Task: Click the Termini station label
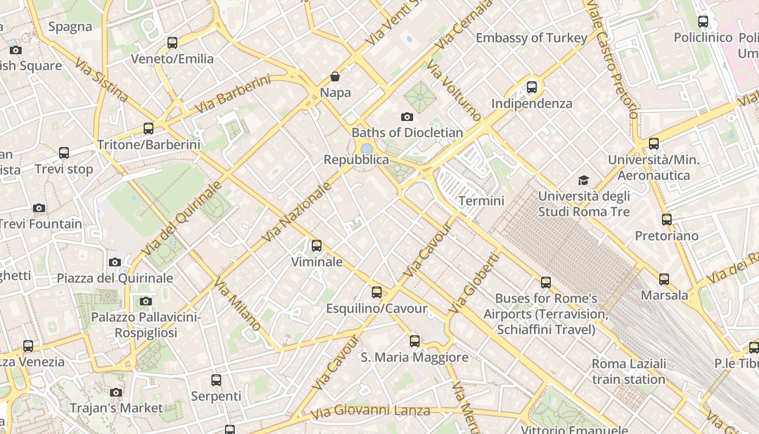[481, 201]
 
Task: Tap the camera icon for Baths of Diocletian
[407, 117]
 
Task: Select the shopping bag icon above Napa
[335, 77]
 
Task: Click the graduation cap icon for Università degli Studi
[583, 180]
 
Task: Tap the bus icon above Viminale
[317, 246]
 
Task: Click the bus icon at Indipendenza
[532, 87]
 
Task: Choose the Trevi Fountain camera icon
[38, 208]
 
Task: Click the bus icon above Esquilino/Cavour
[377, 292]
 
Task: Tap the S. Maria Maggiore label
[415, 358]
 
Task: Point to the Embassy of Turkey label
[531, 38]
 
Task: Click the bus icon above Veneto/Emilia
[172, 42]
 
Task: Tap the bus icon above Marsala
[664, 279]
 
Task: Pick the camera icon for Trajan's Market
[115, 392]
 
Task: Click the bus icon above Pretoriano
[667, 220]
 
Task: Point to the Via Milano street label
[237, 304]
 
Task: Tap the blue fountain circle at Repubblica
[366, 148]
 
